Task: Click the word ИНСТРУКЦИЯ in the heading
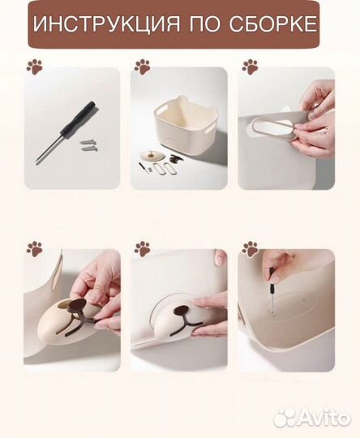[x=107, y=24]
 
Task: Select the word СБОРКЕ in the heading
[x=273, y=24]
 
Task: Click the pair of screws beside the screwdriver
[x=89, y=145]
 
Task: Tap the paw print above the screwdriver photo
[x=35, y=67]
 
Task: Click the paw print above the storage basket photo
[x=143, y=67]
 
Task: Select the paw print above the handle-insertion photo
[x=250, y=67]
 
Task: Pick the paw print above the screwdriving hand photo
[x=250, y=249]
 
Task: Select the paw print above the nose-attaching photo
[x=35, y=249]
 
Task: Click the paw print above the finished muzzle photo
[x=143, y=249]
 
